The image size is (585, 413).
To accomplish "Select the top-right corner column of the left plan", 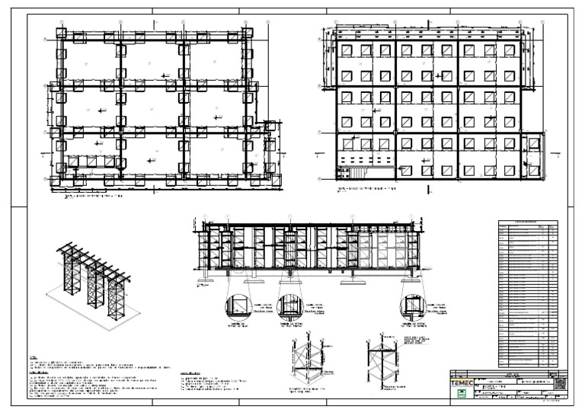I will click(x=246, y=35).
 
